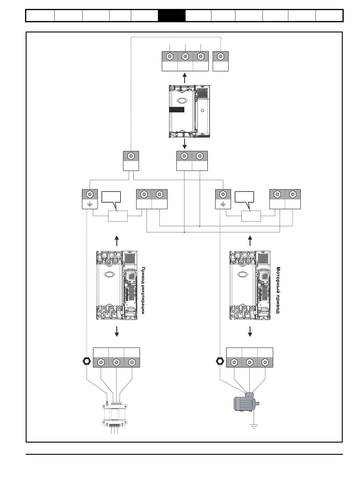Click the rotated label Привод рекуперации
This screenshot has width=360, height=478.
click(x=143, y=290)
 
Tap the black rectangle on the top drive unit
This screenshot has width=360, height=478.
click(x=177, y=109)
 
